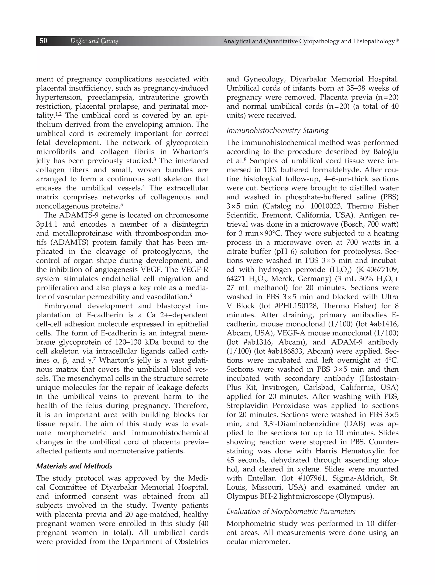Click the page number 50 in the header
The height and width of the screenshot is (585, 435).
(x=44, y=41)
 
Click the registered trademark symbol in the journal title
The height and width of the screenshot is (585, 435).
(x=397, y=40)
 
